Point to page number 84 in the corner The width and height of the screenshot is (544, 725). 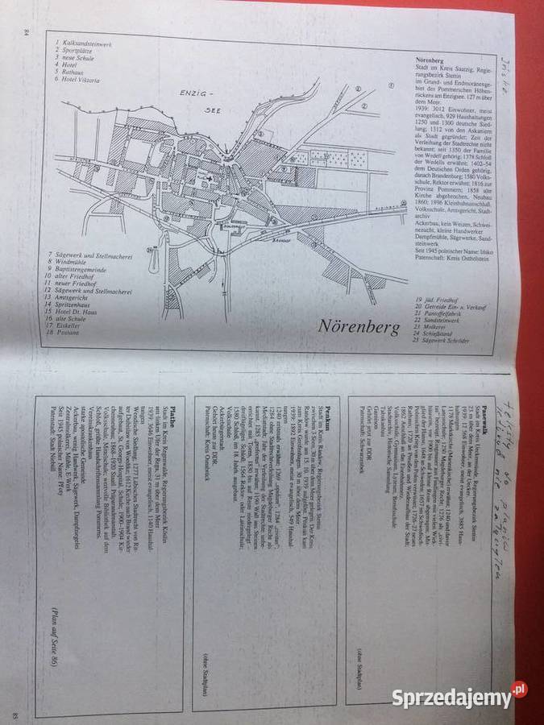[27, 32]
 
